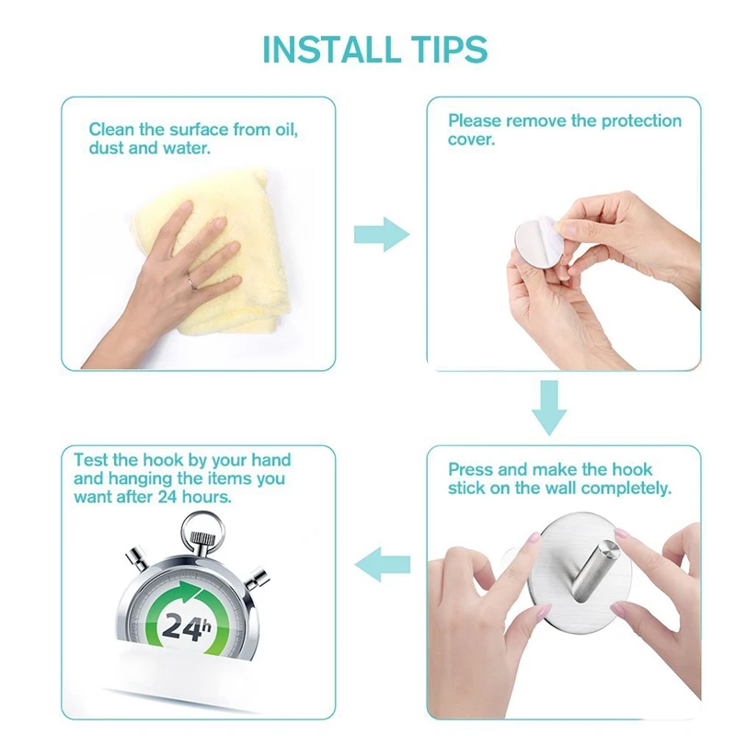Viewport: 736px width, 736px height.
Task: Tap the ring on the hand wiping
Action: (x=192, y=282)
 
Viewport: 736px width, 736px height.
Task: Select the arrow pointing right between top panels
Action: (x=382, y=235)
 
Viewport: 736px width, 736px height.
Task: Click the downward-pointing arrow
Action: (x=548, y=408)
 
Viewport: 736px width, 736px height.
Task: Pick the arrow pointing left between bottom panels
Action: (x=382, y=564)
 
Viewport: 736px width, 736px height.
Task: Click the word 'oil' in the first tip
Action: (x=286, y=129)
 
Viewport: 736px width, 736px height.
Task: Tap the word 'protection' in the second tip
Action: (x=641, y=121)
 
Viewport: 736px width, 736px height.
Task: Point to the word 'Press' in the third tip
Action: (x=471, y=469)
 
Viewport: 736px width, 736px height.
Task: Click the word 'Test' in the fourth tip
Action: (x=91, y=459)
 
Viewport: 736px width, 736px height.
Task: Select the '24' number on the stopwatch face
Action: (x=180, y=627)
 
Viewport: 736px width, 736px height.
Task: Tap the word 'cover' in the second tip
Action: (x=469, y=140)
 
